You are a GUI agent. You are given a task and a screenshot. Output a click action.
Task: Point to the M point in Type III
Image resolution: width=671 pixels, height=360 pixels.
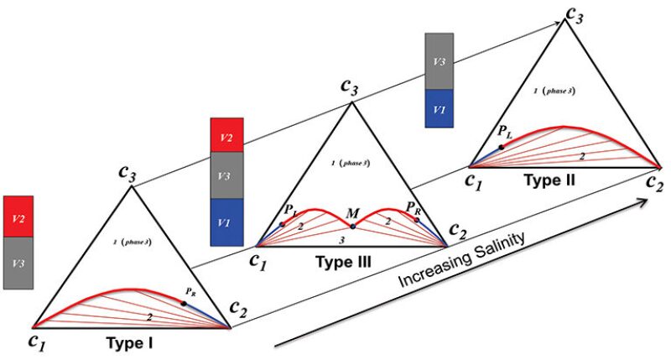pos(353,227)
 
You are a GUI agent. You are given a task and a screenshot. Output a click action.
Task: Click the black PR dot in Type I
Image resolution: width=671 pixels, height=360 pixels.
pos(184,303)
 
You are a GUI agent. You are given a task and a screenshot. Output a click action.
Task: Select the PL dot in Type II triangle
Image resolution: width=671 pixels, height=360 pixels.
pos(502,147)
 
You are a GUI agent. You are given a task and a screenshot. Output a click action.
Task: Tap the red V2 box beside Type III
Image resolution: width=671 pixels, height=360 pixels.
pos(226,134)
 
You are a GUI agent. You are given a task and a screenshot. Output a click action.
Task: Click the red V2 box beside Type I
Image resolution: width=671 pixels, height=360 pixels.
pos(18,217)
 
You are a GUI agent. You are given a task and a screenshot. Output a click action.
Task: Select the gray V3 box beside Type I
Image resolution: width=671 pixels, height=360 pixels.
pos(18,263)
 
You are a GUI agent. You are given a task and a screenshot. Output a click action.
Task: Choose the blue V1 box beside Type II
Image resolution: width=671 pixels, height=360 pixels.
pos(439,110)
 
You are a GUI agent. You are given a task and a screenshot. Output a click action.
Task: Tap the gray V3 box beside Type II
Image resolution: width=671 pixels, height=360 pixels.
pos(439,62)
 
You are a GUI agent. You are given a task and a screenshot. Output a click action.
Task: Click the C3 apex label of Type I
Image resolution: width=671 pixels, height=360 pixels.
pos(128,175)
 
